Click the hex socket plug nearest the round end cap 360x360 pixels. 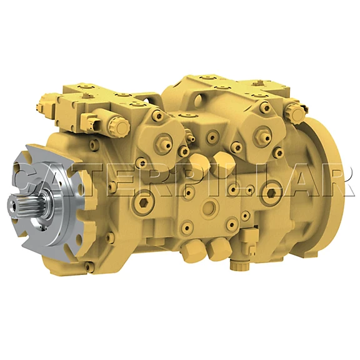[271, 193]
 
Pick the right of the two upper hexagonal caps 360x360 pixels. [221, 161]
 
